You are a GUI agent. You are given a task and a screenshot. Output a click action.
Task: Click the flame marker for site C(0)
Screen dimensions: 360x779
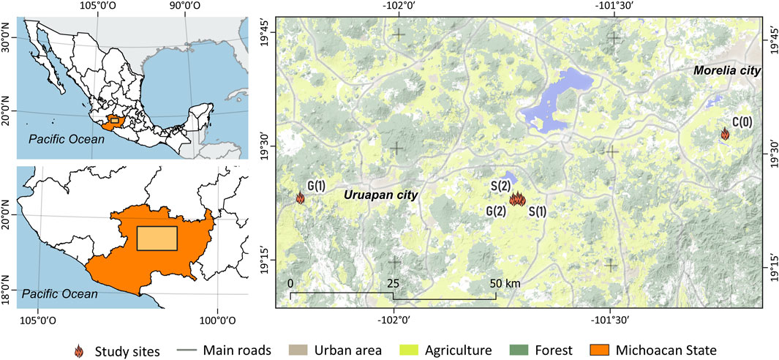tap(725, 133)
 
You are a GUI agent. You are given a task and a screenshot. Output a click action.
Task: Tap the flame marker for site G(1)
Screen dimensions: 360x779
tap(300, 197)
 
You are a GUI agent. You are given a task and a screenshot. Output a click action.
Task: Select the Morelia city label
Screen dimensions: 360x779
tap(727, 70)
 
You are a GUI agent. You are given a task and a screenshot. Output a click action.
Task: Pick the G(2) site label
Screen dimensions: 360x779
tap(495, 211)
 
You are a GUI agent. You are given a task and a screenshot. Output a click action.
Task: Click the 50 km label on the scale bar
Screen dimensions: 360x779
tap(504, 283)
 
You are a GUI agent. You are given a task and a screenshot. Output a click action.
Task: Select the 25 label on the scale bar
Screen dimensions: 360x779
tap(393, 283)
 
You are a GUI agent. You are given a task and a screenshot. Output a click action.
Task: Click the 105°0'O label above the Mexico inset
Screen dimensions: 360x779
tap(97, 6)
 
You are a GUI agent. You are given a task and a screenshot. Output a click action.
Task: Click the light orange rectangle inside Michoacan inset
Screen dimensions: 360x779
tap(157, 239)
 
